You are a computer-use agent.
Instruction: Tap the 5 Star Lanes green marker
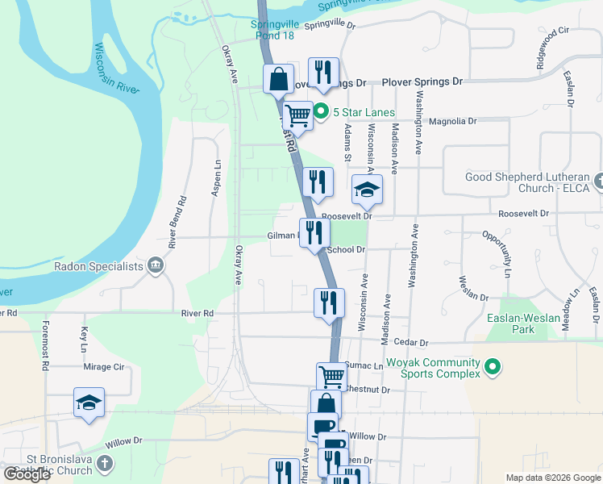click(321, 111)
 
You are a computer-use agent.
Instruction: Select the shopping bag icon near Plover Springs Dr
click(278, 80)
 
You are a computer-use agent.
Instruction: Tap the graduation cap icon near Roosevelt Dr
click(367, 190)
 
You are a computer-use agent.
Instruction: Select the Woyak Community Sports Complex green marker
click(491, 369)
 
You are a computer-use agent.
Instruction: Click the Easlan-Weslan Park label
click(522, 323)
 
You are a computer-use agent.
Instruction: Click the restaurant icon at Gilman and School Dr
click(314, 233)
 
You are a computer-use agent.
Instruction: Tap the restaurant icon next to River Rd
click(329, 303)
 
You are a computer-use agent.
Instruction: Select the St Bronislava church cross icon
click(104, 463)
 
